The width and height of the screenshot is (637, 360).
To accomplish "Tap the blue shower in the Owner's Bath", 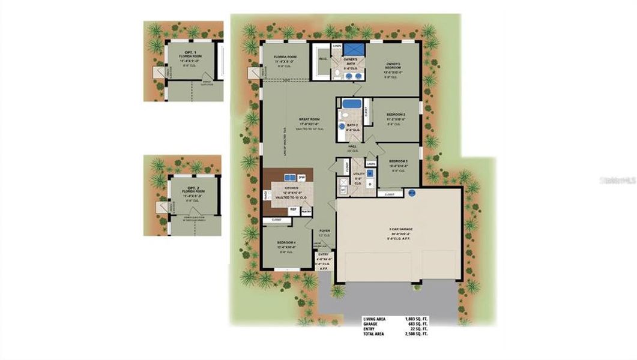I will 351,49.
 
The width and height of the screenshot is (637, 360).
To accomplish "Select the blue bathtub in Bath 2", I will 351,104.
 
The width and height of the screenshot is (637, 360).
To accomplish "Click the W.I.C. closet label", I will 322,59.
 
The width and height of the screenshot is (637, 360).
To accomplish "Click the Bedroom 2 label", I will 396,114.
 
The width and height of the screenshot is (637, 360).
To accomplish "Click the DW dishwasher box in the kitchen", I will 302,178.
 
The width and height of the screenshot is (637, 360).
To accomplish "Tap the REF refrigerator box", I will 294,209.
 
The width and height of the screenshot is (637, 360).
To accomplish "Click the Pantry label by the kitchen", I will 306,211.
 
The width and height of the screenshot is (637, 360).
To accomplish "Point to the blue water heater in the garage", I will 412,193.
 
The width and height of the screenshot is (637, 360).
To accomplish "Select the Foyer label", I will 325,230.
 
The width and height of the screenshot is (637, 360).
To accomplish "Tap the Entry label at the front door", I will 322,254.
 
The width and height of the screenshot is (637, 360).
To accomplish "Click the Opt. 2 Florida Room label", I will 193,190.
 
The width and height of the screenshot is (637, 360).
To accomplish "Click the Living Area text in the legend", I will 375,319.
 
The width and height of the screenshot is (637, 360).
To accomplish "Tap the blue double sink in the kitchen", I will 289,178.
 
